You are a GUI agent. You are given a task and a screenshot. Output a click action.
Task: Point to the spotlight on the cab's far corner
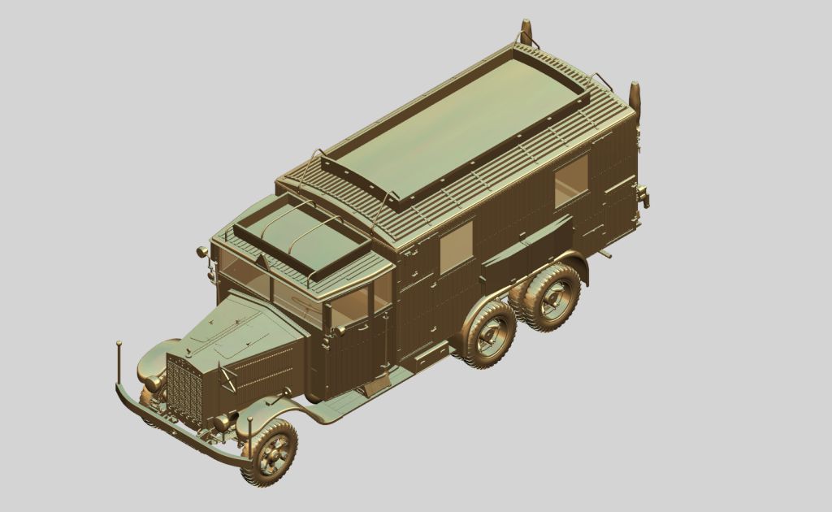click(x=201, y=252)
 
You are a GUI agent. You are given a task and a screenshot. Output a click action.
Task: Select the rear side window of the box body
click(x=570, y=180)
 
